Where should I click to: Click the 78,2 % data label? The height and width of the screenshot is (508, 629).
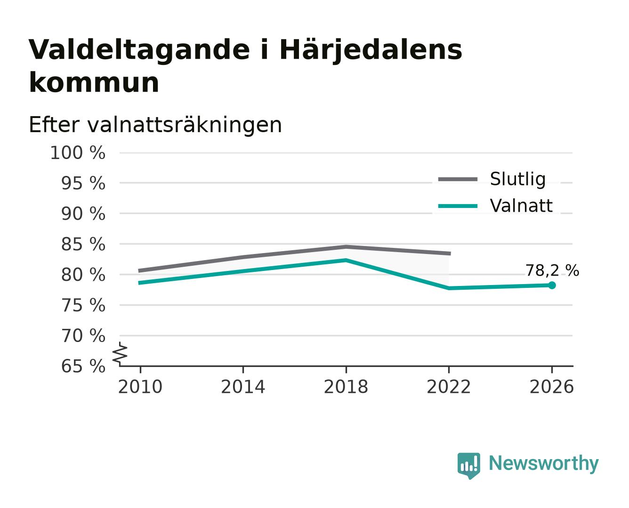click(552, 270)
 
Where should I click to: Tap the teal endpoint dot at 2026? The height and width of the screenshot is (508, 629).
click(552, 285)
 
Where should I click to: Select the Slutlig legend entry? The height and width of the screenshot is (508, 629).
click(492, 179)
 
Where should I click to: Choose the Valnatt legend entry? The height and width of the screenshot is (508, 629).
click(495, 206)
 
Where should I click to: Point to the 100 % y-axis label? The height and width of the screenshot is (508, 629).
click(78, 153)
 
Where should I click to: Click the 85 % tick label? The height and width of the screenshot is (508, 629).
click(83, 244)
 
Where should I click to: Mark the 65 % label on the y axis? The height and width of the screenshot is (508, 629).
click(83, 366)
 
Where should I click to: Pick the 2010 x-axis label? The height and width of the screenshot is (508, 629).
click(140, 387)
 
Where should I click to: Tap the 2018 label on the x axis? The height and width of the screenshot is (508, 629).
click(346, 387)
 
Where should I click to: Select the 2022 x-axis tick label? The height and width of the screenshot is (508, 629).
click(449, 387)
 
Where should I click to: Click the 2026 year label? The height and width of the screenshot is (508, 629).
click(552, 387)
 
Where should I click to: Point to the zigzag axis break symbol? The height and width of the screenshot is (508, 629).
click(120, 354)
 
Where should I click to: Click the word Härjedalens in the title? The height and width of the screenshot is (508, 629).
click(371, 50)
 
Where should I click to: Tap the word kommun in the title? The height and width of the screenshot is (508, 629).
click(94, 82)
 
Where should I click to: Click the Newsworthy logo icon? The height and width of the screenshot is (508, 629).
click(469, 466)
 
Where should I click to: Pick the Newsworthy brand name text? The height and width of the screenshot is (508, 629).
click(544, 463)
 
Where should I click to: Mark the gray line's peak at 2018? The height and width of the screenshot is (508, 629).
click(346, 246)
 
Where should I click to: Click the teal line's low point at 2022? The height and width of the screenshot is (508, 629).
click(449, 288)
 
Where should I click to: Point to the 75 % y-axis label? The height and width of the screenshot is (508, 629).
click(83, 305)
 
